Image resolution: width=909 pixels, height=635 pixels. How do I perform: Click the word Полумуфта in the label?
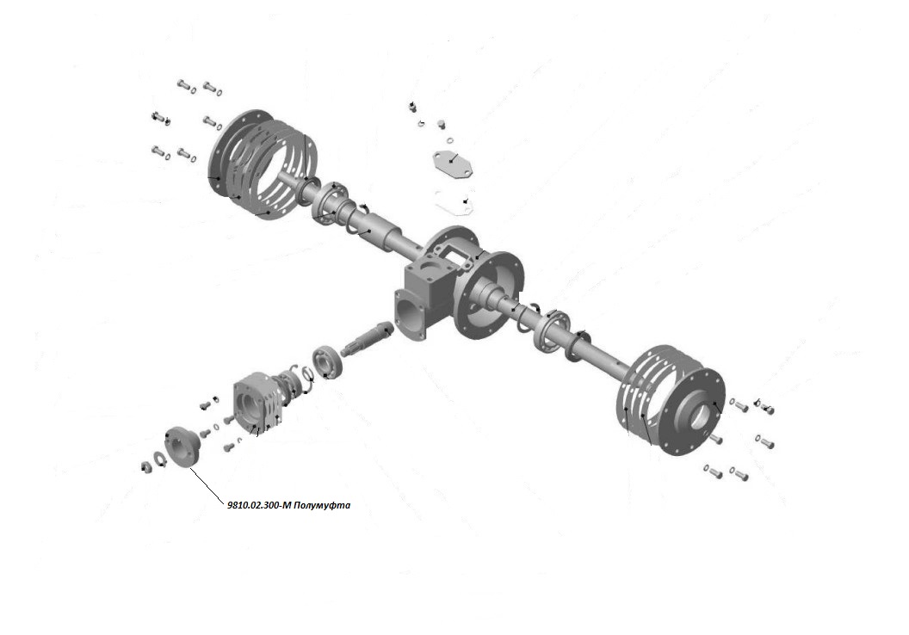coord(322,505)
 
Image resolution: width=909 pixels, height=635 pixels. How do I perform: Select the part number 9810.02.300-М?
coord(259,505)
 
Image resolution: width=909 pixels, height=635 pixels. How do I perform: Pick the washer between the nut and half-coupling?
coord(159,459)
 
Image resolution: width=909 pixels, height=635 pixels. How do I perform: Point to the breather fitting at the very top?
coord(413,107)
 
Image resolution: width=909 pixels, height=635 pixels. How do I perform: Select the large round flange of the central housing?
coord(490,293)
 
